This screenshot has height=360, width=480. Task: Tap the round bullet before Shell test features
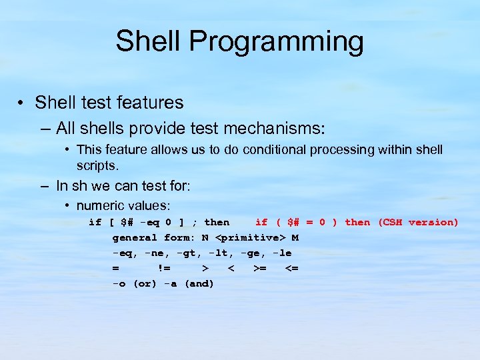pyautogui.click(x=22, y=103)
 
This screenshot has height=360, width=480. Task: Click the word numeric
pyautogui.click(x=100, y=206)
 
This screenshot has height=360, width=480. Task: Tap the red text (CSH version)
pyautogui.click(x=418, y=222)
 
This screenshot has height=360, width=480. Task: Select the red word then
pyautogui.click(x=357, y=222)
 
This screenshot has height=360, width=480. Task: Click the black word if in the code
pyautogui.click(x=95, y=222)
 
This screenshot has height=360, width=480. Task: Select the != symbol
pyautogui.click(x=163, y=268)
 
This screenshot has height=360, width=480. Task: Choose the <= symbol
pyautogui.click(x=291, y=268)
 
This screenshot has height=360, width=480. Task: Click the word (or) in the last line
pyautogui.click(x=145, y=283)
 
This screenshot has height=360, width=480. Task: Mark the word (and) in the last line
pyautogui.click(x=199, y=283)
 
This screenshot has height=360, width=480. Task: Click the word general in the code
pyautogui.click(x=135, y=237)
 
